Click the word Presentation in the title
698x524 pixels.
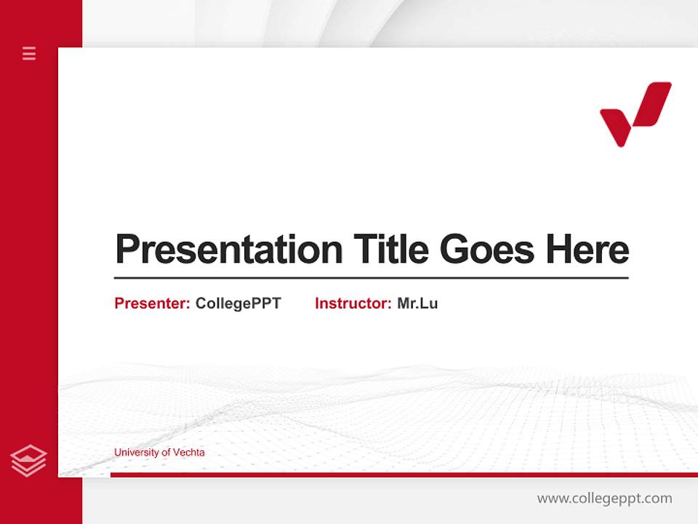tap(229, 250)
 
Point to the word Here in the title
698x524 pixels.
tap(587, 250)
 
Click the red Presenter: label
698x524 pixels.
tap(152, 303)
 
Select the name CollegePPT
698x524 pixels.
tap(238, 303)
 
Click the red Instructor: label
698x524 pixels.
tap(353, 303)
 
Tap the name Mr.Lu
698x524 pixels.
tap(417, 303)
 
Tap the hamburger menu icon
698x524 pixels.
tap(29, 53)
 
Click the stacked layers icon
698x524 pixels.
tap(28, 461)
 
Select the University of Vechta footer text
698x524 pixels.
tap(159, 453)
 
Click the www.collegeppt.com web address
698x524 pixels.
tap(604, 499)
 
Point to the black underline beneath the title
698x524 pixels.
tap(371, 277)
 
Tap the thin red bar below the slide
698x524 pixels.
tap(404, 475)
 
